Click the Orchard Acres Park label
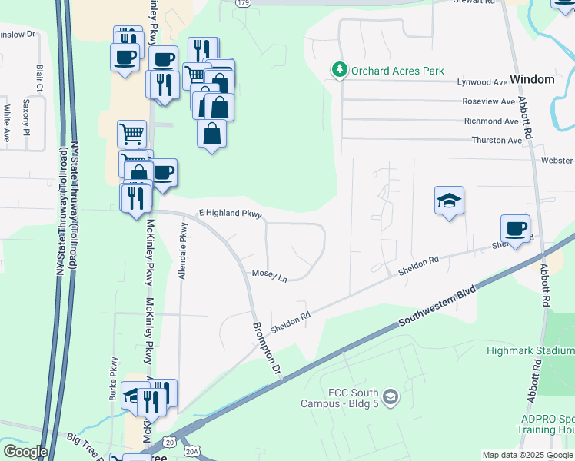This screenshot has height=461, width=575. [397, 71]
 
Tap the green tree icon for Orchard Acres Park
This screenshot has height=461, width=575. [339, 71]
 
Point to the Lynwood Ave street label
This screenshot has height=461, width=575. [483, 82]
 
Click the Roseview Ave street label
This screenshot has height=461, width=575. [488, 101]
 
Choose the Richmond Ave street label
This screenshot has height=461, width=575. [490, 121]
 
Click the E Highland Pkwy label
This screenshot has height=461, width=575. [231, 214]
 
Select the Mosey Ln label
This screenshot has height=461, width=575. [269, 275]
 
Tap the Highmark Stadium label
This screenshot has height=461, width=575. [530, 350]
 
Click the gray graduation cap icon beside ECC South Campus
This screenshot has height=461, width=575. [391, 396]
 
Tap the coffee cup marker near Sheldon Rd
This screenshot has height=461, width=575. [515, 228]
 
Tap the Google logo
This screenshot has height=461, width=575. [25, 452]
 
